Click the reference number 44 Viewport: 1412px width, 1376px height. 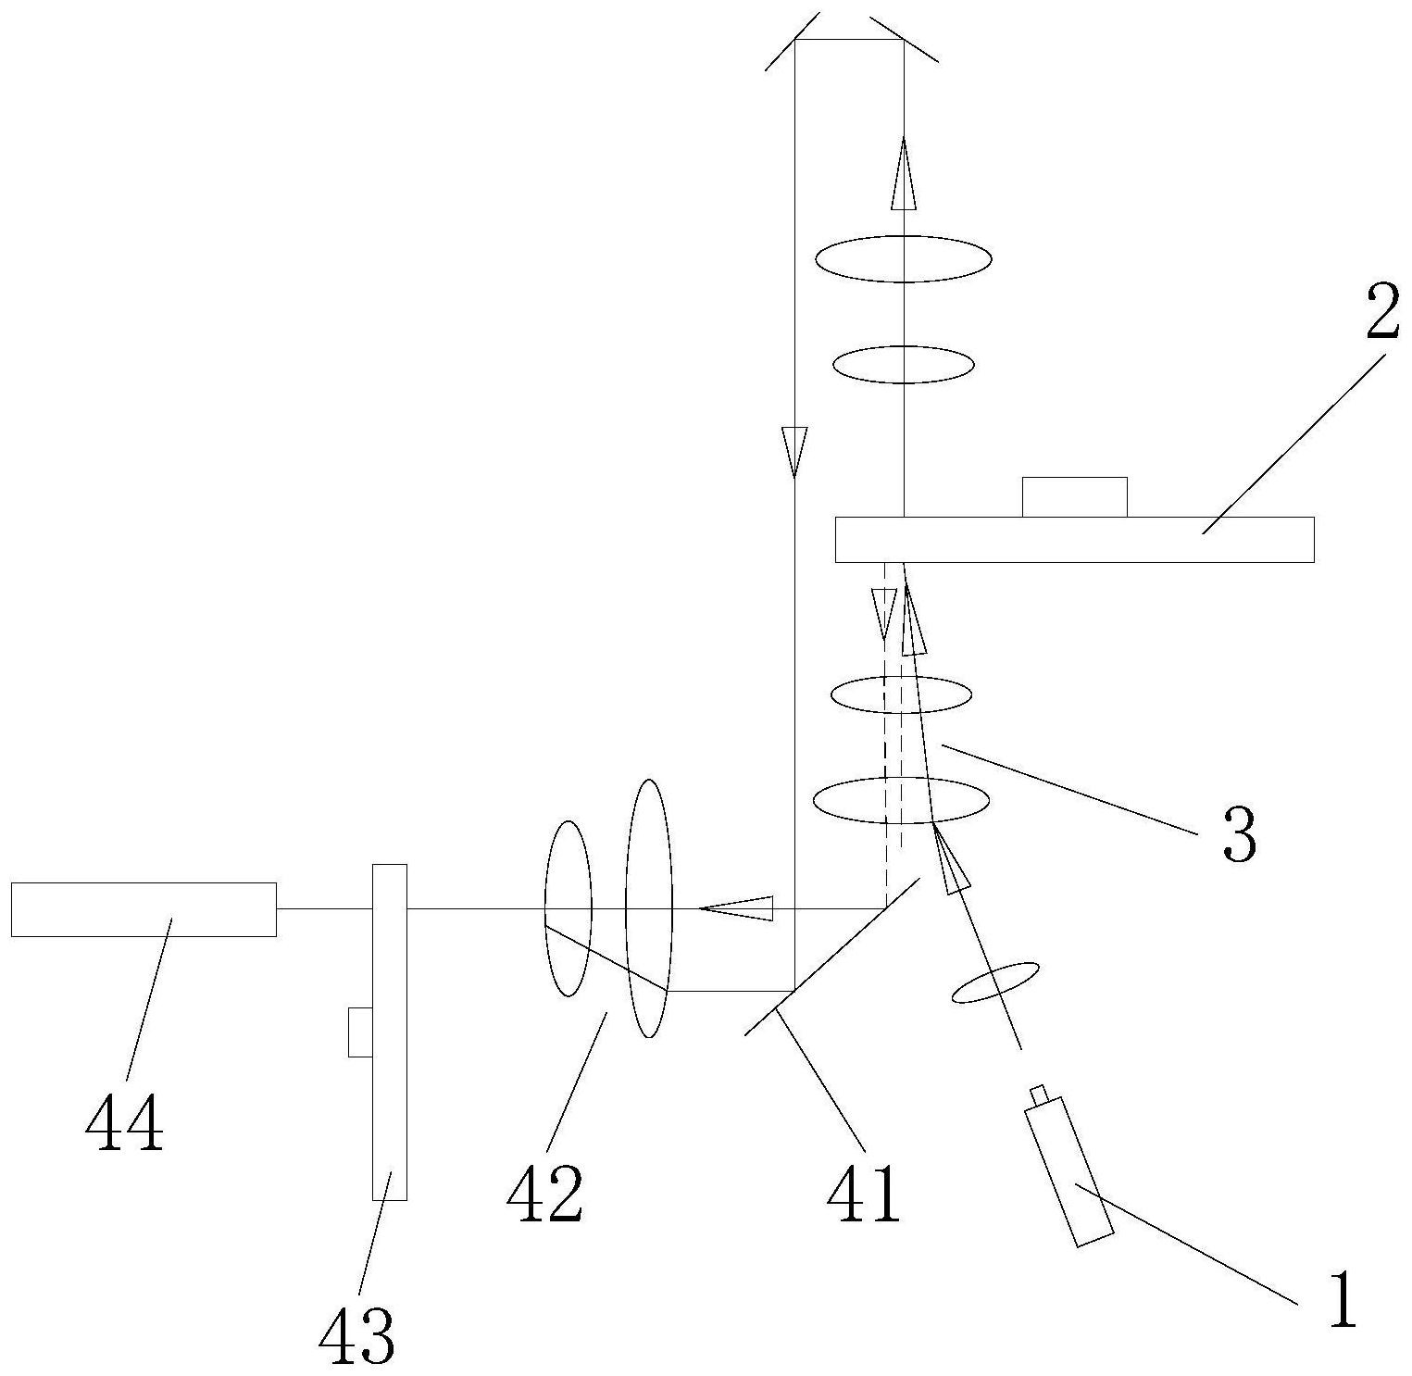124,1123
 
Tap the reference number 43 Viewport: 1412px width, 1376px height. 356,1336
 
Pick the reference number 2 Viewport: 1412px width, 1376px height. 1382,316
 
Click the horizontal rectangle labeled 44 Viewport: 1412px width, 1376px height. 144,909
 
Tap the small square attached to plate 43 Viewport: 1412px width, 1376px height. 360,1032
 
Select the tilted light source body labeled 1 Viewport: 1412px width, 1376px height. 1068,1171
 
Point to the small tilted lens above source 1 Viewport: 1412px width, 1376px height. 995,982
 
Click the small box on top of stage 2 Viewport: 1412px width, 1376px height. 1074,497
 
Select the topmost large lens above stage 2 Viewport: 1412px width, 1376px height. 903,258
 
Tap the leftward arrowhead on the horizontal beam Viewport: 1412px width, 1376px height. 736,908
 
